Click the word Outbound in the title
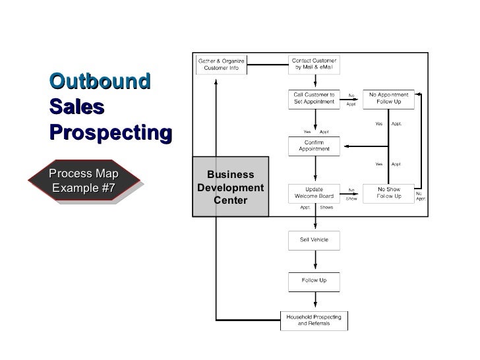100,82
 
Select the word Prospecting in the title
111,133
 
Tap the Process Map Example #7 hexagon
84,180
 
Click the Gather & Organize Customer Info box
222,65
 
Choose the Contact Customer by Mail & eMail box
314,65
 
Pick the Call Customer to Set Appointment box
314,99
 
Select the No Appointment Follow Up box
388,99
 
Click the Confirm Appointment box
314,146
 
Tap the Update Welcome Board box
314,193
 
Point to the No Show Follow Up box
388,193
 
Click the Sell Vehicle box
314,241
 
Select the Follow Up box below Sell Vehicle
314,282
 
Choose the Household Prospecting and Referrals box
314,321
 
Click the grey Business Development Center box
231,187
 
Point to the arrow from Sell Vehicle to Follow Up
315,260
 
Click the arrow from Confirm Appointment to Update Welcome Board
315,168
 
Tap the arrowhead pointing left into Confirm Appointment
347,146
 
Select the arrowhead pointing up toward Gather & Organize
216,82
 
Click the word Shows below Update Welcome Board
326,207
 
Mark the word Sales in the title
77,107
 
